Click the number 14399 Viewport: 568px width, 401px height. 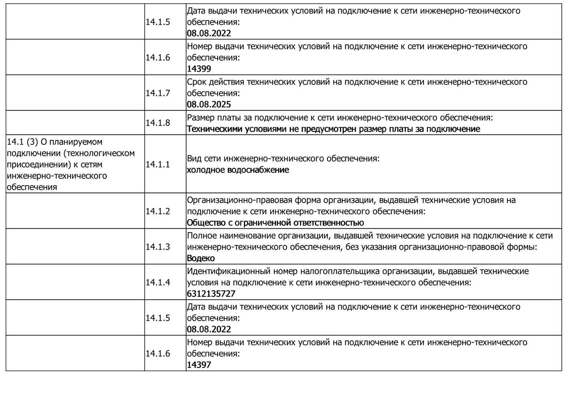click(x=199, y=69)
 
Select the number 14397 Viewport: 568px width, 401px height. click(x=199, y=365)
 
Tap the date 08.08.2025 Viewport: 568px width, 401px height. click(x=209, y=104)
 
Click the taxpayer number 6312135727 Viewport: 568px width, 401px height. click(x=211, y=294)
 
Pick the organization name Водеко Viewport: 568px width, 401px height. click(x=201, y=258)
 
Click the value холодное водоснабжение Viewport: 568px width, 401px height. click(x=238, y=170)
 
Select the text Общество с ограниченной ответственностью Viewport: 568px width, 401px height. click(x=275, y=223)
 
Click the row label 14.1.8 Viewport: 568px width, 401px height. click(x=158, y=123)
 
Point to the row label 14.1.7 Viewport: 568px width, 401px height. click(x=158, y=93)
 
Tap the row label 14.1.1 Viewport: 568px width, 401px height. click(x=158, y=164)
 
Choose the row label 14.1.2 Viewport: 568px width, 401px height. click(x=158, y=211)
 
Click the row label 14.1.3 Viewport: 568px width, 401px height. click(x=158, y=247)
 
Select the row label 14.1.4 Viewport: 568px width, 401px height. click(x=158, y=282)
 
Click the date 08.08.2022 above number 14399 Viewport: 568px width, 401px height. click(x=209, y=33)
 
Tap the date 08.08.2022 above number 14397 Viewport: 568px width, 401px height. click(x=209, y=329)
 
